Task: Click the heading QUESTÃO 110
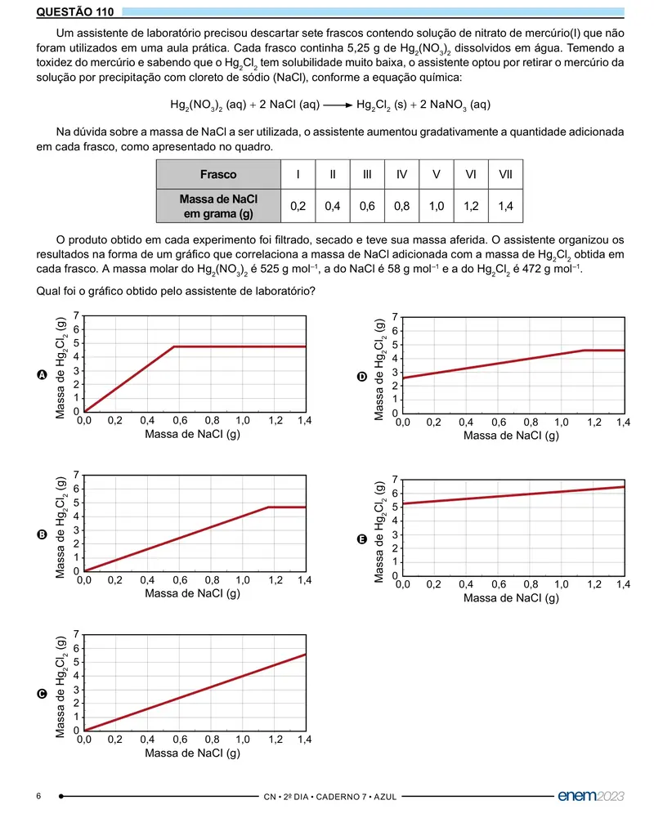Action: (x=74, y=11)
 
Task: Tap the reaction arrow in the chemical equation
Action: (x=338, y=105)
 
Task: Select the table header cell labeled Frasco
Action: (x=218, y=174)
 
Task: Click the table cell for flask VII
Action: (x=505, y=174)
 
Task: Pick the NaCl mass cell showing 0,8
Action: (x=401, y=206)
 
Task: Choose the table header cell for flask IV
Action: (x=401, y=174)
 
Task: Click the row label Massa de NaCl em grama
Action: (x=218, y=206)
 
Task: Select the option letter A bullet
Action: (x=43, y=375)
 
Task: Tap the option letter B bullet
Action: (x=43, y=534)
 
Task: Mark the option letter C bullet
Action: (x=43, y=694)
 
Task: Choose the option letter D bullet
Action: (x=361, y=377)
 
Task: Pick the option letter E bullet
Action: (x=361, y=539)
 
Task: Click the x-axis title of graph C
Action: (x=193, y=753)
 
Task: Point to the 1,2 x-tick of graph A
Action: (x=275, y=421)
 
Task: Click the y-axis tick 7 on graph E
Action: (x=395, y=480)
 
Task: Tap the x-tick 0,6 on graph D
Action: (x=499, y=422)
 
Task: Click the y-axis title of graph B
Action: (x=60, y=527)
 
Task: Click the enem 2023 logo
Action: (x=590, y=795)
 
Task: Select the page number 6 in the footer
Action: (x=38, y=796)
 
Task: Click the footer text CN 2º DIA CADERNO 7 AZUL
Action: (x=330, y=797)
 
